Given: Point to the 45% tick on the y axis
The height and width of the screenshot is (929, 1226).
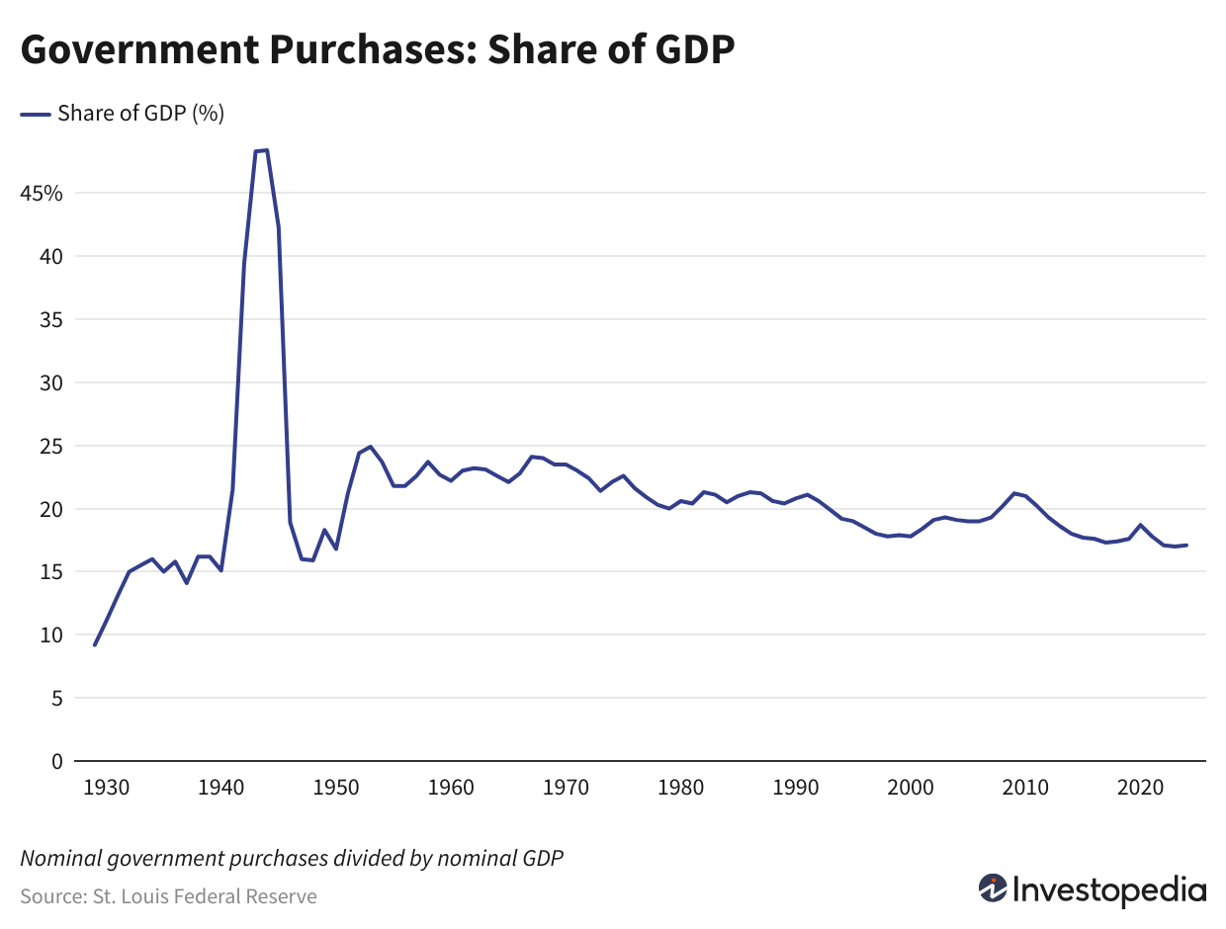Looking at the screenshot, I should point(42,194).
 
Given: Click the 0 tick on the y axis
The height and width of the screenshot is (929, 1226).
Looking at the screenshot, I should point(57,762).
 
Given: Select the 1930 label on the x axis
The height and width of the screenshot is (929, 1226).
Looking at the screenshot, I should point(107,788).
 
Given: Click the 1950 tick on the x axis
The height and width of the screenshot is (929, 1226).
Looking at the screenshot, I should point(336,788).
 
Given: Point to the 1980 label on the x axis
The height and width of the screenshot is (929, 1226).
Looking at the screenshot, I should point(680,788).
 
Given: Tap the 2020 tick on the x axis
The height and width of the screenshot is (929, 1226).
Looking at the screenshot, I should point(1139,788).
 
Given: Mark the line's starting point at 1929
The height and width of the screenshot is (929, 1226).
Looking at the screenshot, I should point(95,644).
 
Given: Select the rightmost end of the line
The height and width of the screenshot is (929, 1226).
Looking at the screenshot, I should point(1186,545).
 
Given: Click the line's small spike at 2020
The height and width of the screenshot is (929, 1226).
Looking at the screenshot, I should point(1140,525).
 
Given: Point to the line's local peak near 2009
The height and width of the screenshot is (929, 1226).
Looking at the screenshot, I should point(1014,493).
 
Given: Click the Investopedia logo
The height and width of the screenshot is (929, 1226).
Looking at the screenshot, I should point(1093,889).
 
